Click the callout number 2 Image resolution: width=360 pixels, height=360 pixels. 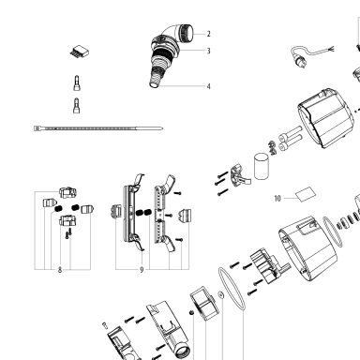[x=208, y=34]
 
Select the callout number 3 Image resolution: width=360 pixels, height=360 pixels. [x=208, y=51]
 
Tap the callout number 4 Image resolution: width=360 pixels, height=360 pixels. [x=208, y=86]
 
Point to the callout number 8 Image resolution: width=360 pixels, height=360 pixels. [x=60, y=270]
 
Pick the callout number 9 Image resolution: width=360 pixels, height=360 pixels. [x=142, y=270]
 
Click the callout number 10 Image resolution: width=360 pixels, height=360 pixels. [x=277, y=199]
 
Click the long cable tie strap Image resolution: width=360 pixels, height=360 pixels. [x=98, y=128]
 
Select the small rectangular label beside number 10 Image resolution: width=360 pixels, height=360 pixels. [x=306, y=194]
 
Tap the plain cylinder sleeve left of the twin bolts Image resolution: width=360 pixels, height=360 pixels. [x=262, y=166]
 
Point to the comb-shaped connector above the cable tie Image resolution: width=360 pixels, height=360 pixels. [x=79, y=52]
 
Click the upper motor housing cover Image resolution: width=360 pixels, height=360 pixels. [x=326, y=118]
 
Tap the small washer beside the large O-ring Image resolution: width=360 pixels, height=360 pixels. [x=221, y=294]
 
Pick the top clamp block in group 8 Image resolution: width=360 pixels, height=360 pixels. [x=67, y=192]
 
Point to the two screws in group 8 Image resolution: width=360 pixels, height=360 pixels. [x=68, y=233]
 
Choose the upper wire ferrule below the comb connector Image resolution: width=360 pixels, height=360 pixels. [x=76, y=83]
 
